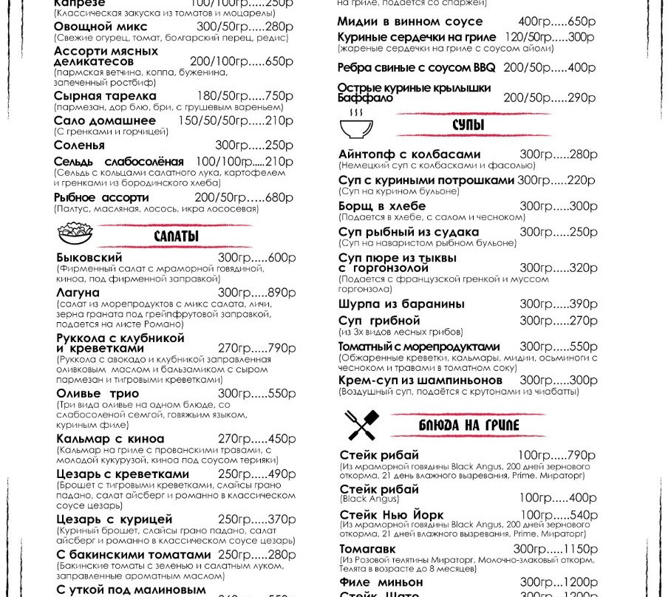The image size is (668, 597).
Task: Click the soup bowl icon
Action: (356, 125)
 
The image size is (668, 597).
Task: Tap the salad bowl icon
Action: (75, 233)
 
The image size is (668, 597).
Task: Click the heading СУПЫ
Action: (468, 125)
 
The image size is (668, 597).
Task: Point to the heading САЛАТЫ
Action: (176, 236)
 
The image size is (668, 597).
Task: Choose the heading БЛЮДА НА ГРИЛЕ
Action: (468, 426)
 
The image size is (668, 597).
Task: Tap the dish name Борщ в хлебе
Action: (382, 206)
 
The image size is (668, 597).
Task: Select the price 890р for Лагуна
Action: (281, 293)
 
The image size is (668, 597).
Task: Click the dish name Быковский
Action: (89, 257)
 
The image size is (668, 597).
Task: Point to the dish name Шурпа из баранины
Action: (401, 304)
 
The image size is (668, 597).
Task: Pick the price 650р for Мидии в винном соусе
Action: (581, 21)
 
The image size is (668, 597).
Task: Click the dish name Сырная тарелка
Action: (105, 96)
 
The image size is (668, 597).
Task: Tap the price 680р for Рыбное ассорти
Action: (279, 197)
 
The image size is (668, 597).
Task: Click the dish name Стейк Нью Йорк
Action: (392, 515)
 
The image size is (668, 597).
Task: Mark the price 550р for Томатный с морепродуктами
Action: (582, 347)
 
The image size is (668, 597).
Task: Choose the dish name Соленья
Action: (79, 146)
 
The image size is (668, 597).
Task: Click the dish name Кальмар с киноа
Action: (110, 439)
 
